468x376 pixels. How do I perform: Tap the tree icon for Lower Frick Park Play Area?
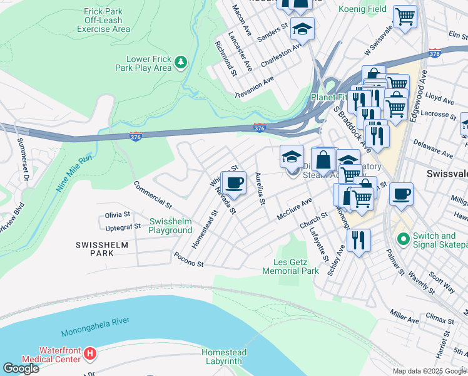click(180, 62)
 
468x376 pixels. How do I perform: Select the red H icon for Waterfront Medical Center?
click(90, 354)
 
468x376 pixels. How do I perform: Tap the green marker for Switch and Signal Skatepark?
click(404, 239)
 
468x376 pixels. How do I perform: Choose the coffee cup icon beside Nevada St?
click(235, 183)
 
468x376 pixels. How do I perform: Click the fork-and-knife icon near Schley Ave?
click(358, 239)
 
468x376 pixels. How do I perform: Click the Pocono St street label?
click(189, 260)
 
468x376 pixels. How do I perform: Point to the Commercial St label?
click(153, 195)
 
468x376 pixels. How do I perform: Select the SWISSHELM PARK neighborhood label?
click(94, 248)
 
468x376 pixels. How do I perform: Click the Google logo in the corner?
click(21, 368)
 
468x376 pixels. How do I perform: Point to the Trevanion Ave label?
click(255, 86)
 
